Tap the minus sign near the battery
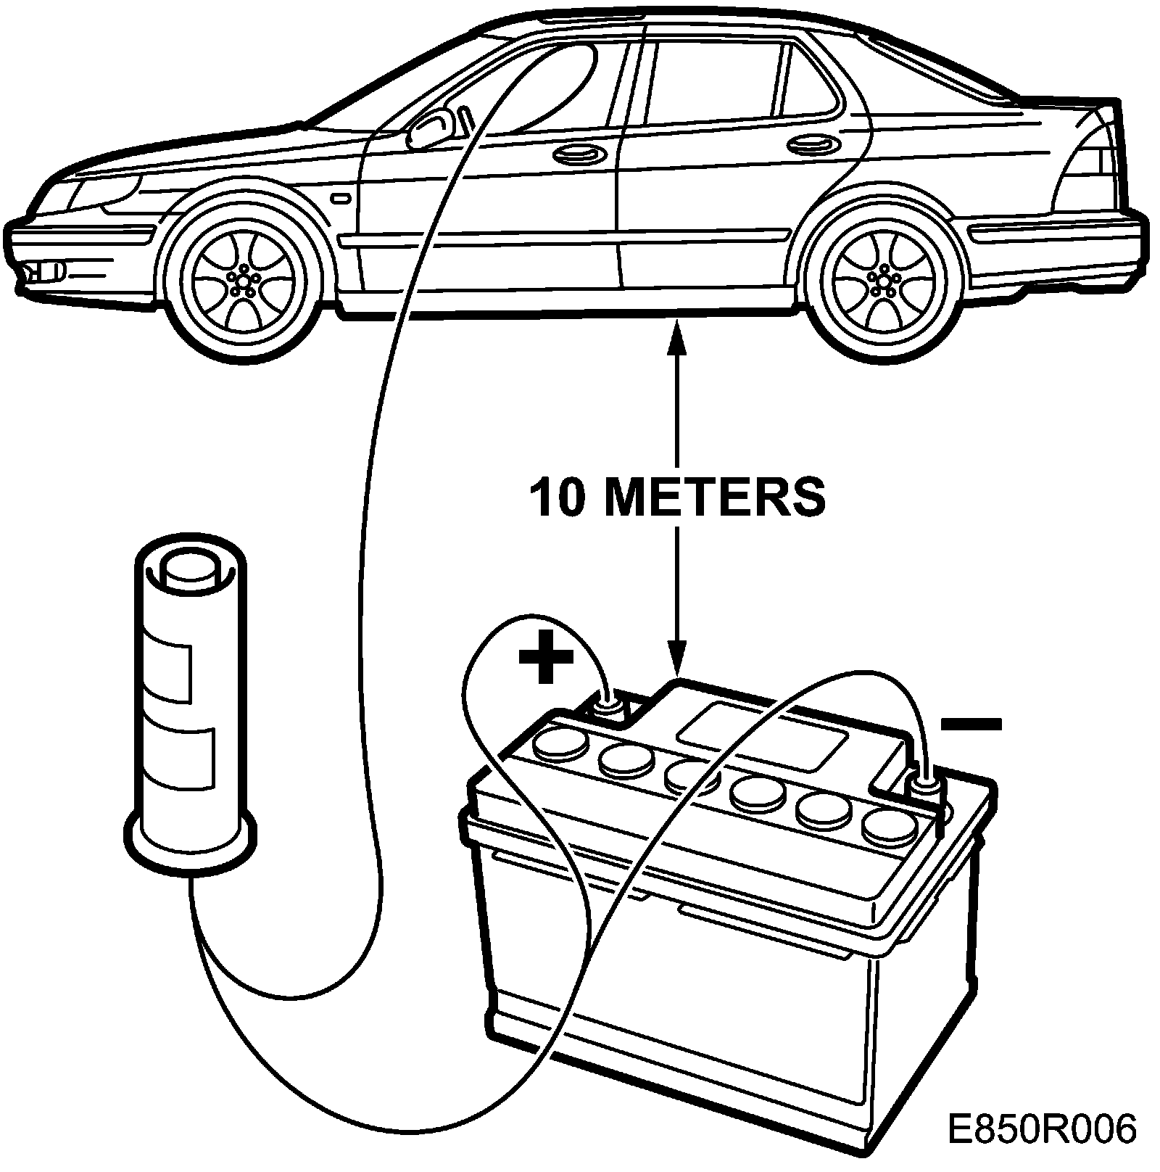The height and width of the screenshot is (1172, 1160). (971, 724)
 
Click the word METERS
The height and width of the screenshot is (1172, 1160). (714, 497)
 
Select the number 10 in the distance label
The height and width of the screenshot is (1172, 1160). (557, 497)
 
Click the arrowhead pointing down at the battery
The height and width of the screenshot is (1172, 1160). (676, 664)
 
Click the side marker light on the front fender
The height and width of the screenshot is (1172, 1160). (339, 197)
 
